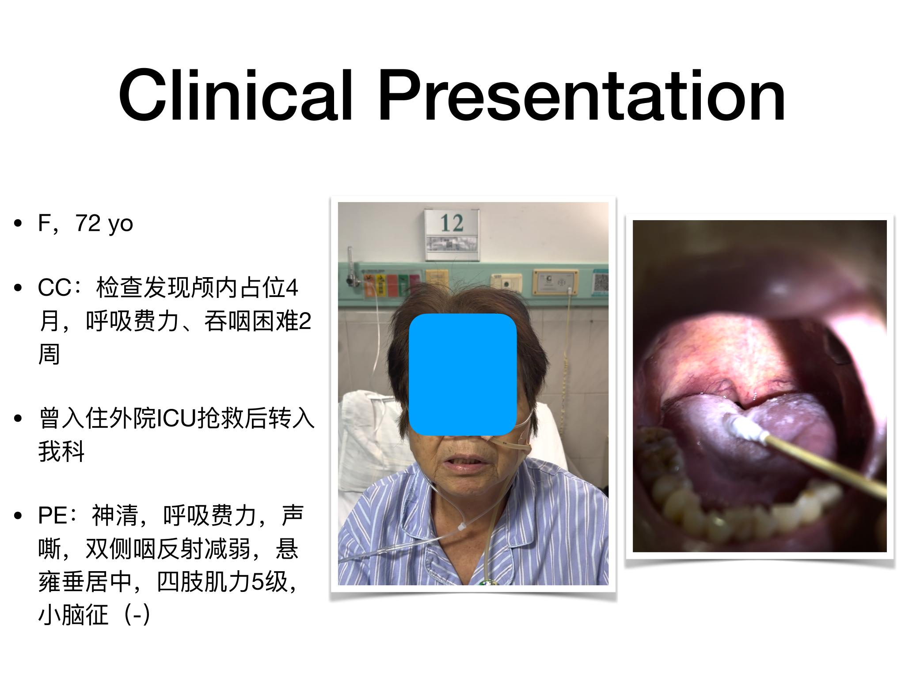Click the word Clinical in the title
236,95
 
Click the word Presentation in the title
582,95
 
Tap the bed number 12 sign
452,234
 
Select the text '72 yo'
104,224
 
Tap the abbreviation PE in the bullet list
53,516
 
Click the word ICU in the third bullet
176,419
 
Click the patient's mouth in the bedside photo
460,463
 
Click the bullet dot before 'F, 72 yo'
19,224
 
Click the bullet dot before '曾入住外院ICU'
19,419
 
